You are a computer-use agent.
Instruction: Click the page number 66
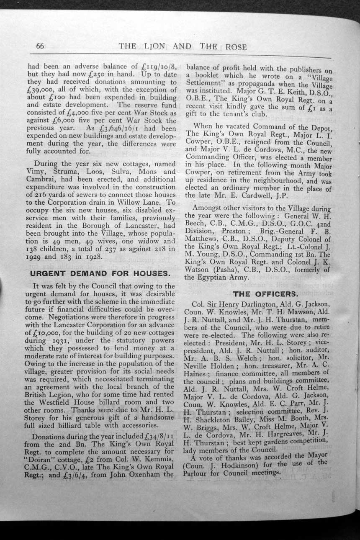click(x=40, y=46)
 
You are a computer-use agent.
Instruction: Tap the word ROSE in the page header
click(x=236, y=47)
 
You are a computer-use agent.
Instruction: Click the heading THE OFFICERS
click(x=260, y=294)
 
